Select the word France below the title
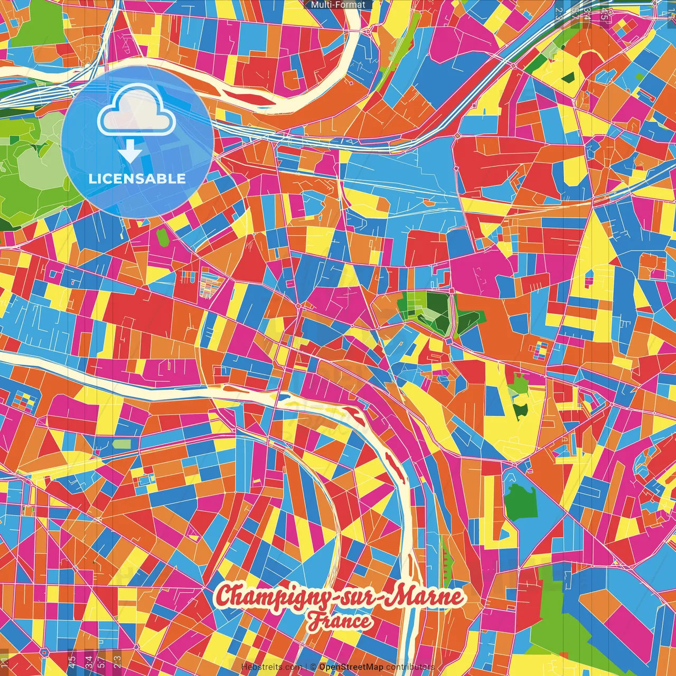pyautogui.click(x=340, y=621)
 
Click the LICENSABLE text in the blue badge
pyautogui.click(x=137, y=179)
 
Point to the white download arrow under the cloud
pyautogui.click(x=130, y=152)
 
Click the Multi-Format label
pyautogui.click(x=338, y=5)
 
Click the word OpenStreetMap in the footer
pyautogui.click(x=351, y=667)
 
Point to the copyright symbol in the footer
pyautogui.click(x=313, y=667)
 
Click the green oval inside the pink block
pyautogui.click(x=162, y=237)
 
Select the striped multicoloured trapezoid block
pyautogui.click(x=211, y=281)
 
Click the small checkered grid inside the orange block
pyautogui.click(x=541, y=349)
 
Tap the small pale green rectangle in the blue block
pyautogui.click(x=122, y=444)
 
